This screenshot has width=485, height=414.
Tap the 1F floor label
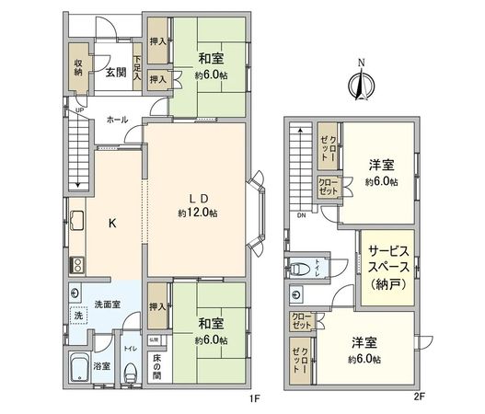[257, 400]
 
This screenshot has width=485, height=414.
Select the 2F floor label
[419, 400]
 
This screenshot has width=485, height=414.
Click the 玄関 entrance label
[115, 73]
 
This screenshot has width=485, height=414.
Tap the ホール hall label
[117, 120]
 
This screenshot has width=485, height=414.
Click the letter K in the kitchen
[112, 224]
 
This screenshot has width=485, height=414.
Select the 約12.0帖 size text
[197, 213]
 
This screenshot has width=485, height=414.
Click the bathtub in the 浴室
[82, 372]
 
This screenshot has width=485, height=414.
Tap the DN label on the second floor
[301, 216]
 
